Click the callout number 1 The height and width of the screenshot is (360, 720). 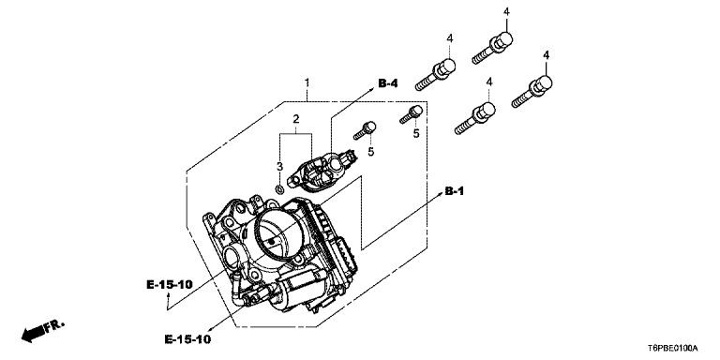coord(307,83)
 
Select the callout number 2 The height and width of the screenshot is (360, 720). coord(296,119)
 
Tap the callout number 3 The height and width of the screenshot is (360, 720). coord(279,167)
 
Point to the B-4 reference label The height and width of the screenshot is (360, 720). coord(388,83)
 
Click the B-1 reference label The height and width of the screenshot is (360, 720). coord(454,191)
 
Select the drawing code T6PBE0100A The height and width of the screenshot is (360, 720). coord(673,348)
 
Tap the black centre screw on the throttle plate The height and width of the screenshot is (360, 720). coord(271,241)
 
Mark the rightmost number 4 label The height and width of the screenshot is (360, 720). coord(546,55)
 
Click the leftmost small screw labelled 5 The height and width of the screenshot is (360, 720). coord(365,130)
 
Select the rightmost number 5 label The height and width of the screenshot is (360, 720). coord(416,134)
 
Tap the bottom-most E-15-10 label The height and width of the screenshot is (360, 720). coord(187,339)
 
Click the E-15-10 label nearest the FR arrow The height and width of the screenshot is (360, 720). coord(169,285)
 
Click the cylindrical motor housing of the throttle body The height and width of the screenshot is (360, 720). coord(298,287)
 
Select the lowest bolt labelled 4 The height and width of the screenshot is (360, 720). coord(474,118)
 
